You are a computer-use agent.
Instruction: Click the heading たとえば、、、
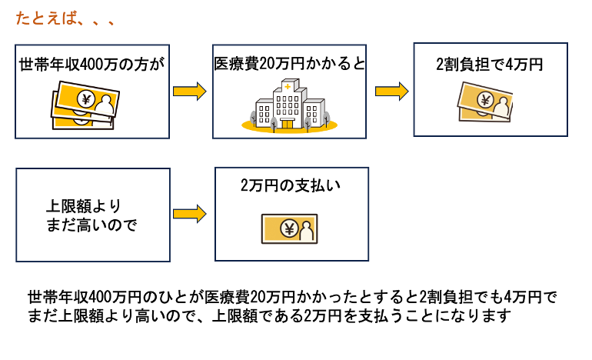pyautogui.click(x=65, y=19)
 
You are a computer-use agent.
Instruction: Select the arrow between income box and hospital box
pyautogui.click(x=190, y=92)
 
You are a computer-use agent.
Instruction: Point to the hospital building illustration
pyautogui.click(x=287, y=108)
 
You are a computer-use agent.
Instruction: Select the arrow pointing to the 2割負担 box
pyautogui.click(x=391, y=92)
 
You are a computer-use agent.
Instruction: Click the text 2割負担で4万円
pyautogui.click(x=489, y=65)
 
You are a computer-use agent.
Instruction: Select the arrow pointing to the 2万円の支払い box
pyautogui.click(x=190, y=214)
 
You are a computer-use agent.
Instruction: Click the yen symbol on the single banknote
pyautogui.click(x=290, y=228)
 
